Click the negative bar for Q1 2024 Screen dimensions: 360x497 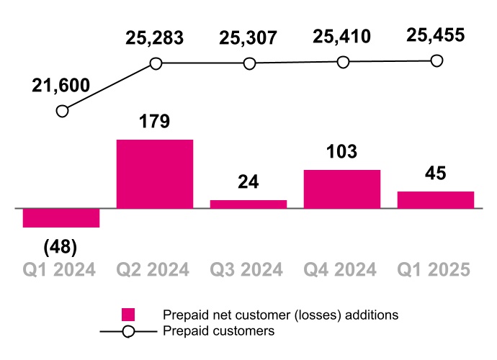click(x=61, y=218)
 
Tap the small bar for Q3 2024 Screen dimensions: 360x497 click(x=248, y=204)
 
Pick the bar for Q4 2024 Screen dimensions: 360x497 click(x=342, y=189)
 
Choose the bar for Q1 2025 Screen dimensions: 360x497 click(x=436, y=200)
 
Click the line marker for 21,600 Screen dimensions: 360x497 click(x=62, y=111)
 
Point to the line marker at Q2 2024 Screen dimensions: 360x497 click(x=155, y=63)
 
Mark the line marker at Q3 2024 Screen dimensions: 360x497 click(x=249, y=63)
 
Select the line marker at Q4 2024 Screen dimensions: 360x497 click(x=343, y=63)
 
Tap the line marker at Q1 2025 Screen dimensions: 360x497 click(x=436, y=61)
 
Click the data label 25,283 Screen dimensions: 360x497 click(x=154, y=37)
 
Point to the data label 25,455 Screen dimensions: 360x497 click(x=435, y=35)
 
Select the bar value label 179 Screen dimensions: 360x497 click(x=154, y=120)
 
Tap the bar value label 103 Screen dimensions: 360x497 click(x=341, y=152)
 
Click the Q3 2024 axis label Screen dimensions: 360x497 click(x=248, y=270)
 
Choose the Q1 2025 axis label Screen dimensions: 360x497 click(x=435, y=270)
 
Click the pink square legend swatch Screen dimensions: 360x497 click(x=128, y=315)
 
